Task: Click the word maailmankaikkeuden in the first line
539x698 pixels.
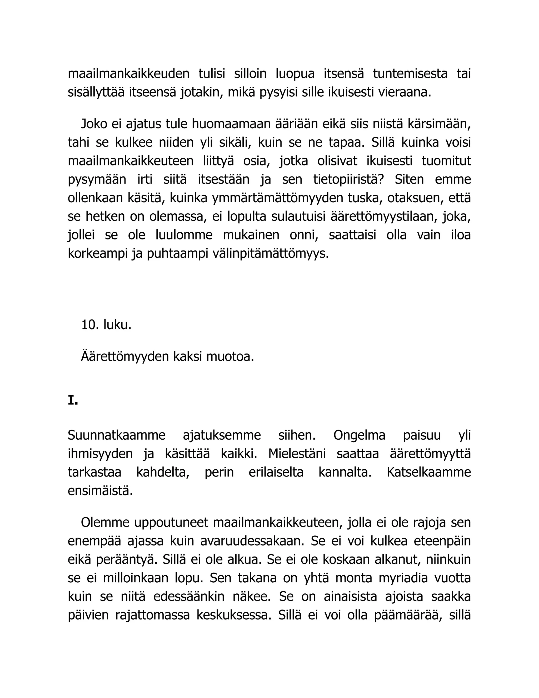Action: coord(128,74)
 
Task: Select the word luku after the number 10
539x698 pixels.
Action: coord(117,325)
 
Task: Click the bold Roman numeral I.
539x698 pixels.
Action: coord(72,400)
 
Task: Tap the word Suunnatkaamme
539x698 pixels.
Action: coord(117,435)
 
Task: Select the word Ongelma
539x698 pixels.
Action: coord(359,435)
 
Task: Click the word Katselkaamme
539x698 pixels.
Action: coord(428,472)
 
